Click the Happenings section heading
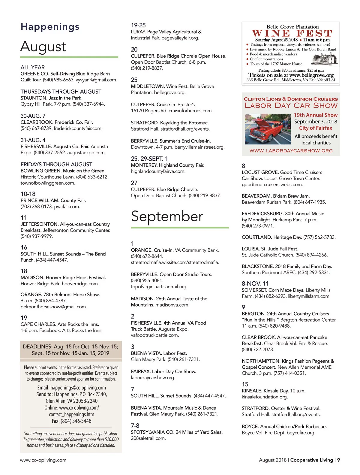coord(50,27)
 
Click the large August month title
coord(43,47)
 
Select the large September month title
coord(167,216)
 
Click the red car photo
coord(268,129)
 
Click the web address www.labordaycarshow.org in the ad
coord(291,151)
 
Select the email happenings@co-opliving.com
coord(78,388)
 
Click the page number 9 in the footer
coord(338,460)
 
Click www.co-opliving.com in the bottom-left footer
coord(43,460)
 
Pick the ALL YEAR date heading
coord(33,68)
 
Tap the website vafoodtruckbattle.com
coord(155,335)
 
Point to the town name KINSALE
coord(252,391)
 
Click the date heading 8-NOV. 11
coord(255,284)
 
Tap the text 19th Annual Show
coord(316,115)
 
